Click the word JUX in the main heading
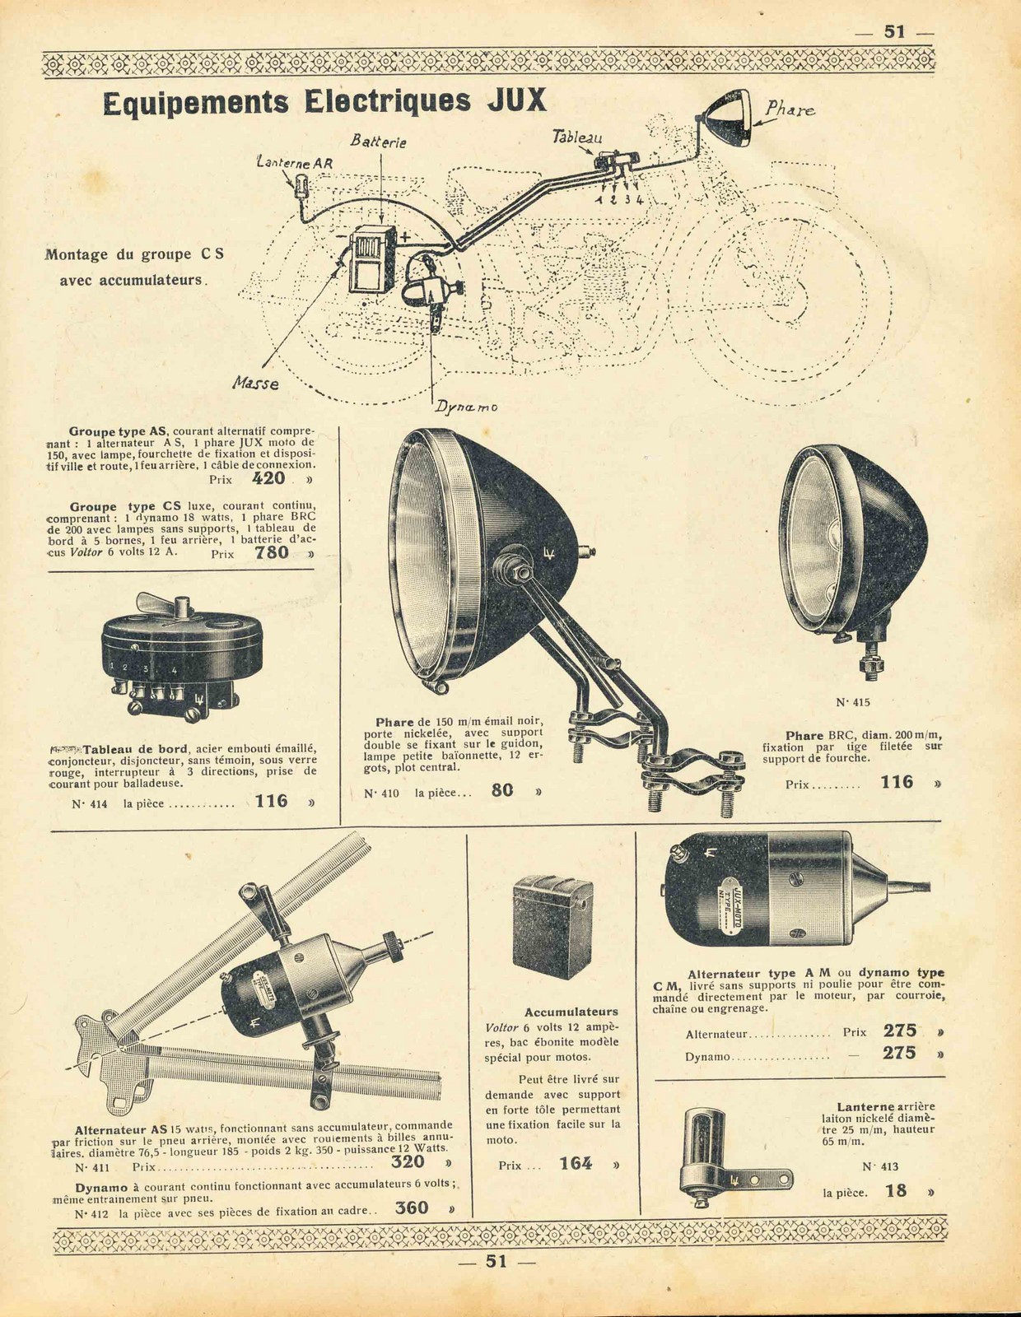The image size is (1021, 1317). pyautogui.click(x=517, y=101)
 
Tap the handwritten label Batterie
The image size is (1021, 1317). pyautogui.click(x=378, y=142)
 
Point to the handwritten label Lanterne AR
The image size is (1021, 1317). pyautogui.click(x=294, y=163)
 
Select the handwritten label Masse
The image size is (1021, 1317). pyautogui.click(x=256, y=383)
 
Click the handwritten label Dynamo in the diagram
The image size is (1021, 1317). pyautogui.click(x=466, y=407)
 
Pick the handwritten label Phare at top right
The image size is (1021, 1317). pyautogui.click(x=790, y=109)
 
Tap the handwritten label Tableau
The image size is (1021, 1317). pyautogui.click(x=577, y=137)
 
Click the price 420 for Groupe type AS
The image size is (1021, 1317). pyautogui.click(x=268, y=479)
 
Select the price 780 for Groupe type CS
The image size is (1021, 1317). pyautogui.click(x=272, y=552)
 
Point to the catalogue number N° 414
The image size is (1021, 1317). pyautogui.click(x=89, y=804)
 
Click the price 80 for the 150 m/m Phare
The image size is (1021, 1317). pyautogui.click(x=502, y=790)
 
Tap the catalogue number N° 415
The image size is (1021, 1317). pyautogui.click(x=852, y=702)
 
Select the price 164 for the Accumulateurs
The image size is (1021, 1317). pyautogui.click(x=576, y=1164)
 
